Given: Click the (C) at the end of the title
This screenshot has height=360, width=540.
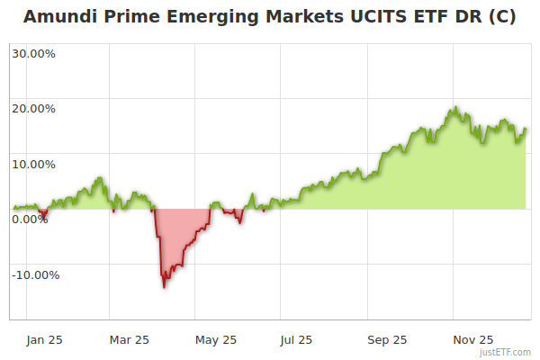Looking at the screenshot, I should click(x=499, y=16).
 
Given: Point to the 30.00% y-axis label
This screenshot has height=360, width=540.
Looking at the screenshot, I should click(x=33, y=53).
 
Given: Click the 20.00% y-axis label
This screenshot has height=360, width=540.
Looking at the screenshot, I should click(x=33, y=109).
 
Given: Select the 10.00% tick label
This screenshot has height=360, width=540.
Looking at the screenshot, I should click(x=33, y=164).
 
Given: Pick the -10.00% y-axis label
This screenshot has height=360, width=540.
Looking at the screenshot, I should click(x=35, y=275).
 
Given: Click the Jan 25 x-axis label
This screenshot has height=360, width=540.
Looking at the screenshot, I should click(x=43, y=340).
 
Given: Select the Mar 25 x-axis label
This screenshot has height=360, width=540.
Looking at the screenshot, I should click(x=129, y=340).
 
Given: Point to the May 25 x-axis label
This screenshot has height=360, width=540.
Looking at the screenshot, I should click(x=215, y=340).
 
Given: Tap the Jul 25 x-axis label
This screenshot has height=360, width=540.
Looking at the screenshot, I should click(x=296, y=340).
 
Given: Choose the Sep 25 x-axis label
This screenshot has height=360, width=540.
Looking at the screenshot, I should click(x=387, y=340).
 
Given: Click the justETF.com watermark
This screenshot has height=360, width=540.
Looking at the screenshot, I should click(x=505, y=352).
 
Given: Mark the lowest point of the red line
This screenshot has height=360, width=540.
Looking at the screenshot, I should click(x=164, y=287).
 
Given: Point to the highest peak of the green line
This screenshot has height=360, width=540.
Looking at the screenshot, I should click(x=455, y=107).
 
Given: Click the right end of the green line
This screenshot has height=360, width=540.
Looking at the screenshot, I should click(x=526, y=129).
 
